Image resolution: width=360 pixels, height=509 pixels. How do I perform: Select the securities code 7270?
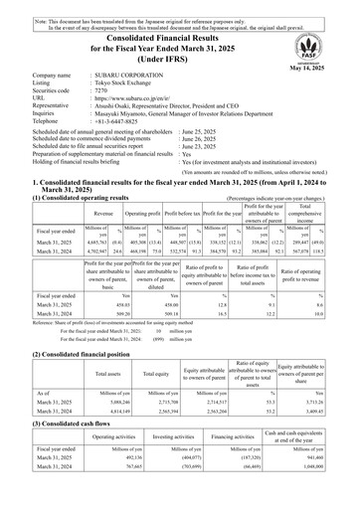(101, 102)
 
